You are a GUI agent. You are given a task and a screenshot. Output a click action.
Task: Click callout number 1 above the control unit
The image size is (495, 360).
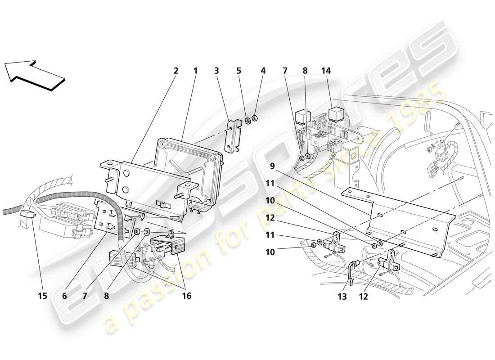pyautogui.click(x=195, y=71)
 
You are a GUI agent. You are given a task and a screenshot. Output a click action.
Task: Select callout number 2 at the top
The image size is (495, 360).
pyautogui.click(x=175, y=71)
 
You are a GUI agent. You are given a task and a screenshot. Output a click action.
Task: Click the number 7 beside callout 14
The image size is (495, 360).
pyautogui.click(x=284, y=71)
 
